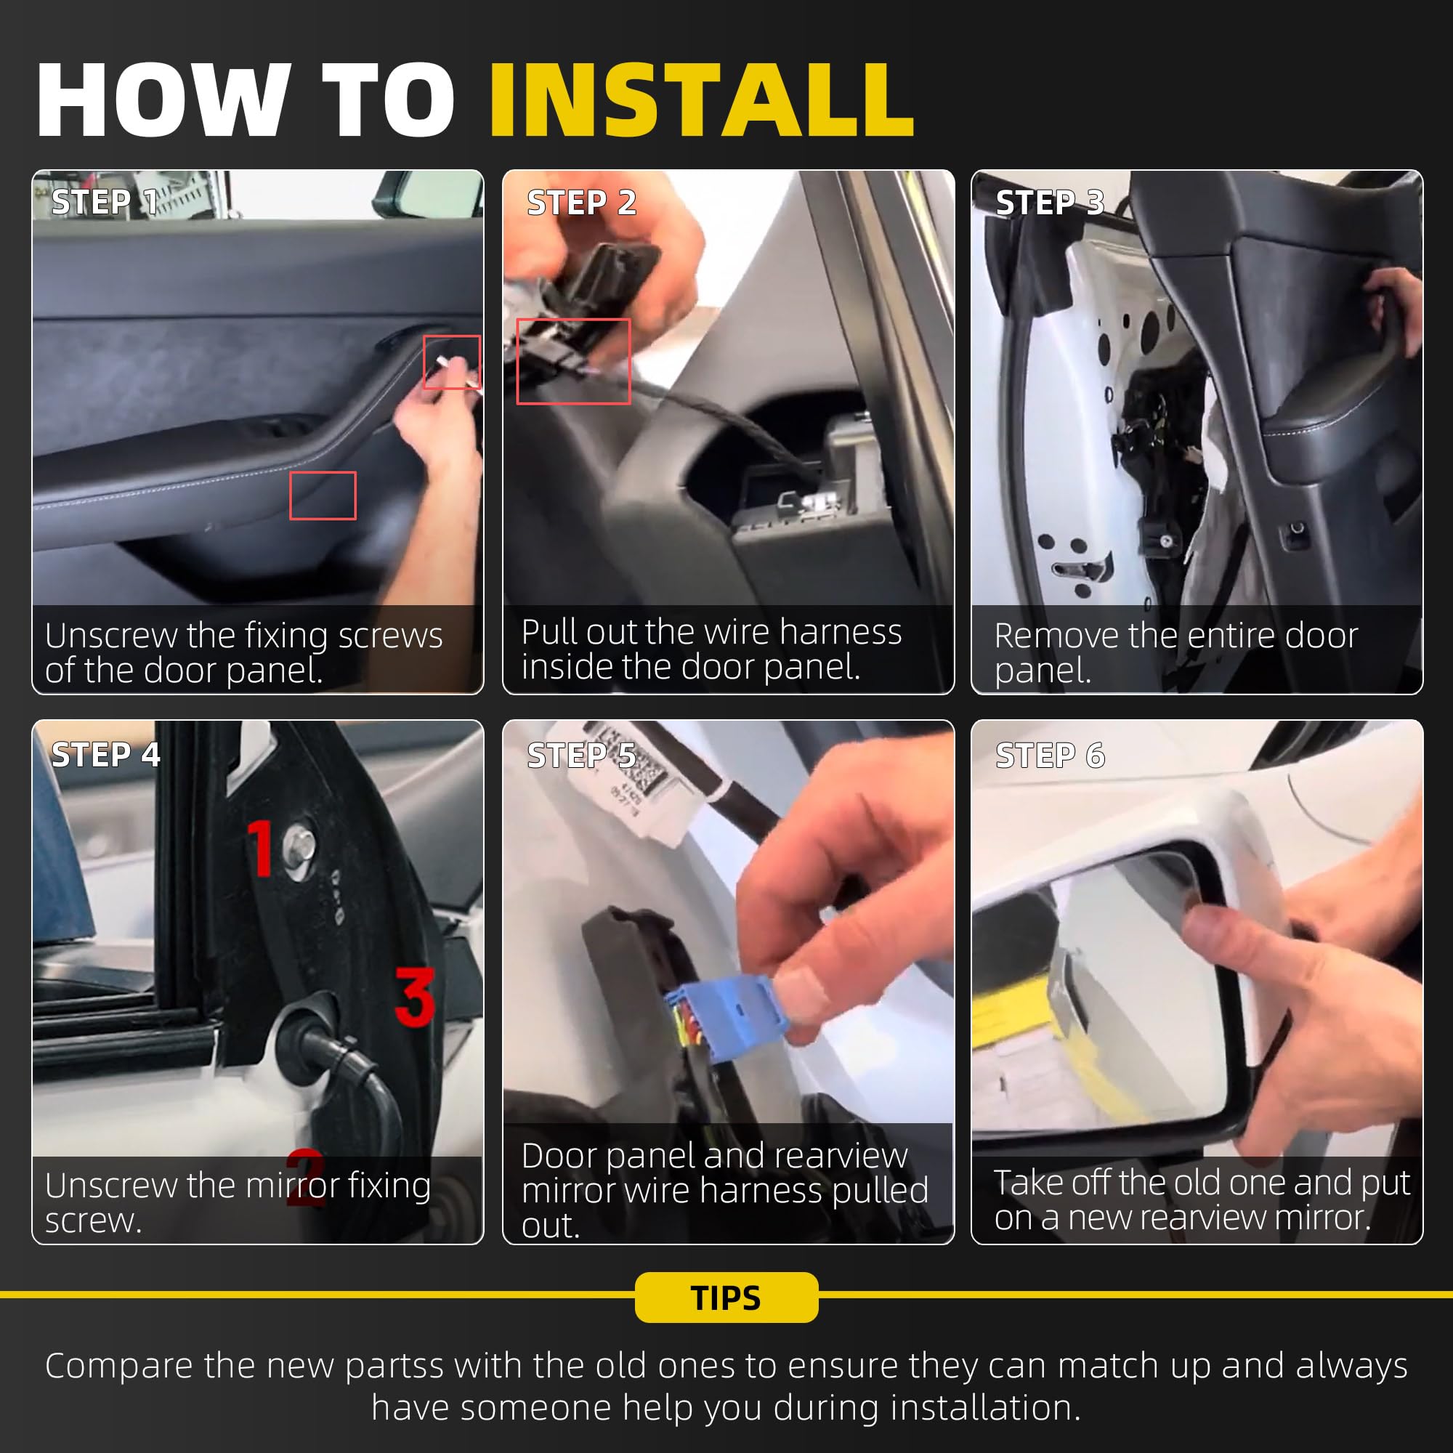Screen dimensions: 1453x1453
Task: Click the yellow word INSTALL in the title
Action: (x=701, y=100)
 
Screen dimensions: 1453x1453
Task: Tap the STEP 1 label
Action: (x=104, y=202)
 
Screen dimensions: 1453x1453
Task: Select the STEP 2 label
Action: (x=581, y=202)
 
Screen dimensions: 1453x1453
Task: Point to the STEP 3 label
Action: (x=1050, y=202)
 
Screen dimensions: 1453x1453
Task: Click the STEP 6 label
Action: (x=1050, y=755)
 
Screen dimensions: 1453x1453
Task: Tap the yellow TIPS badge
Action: (x=726, y=1298)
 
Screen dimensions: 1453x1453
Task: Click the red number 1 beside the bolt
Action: (x=260, y=848)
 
